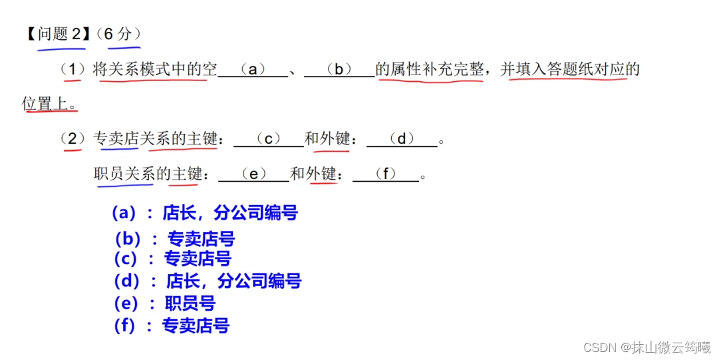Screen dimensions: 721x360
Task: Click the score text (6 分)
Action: coord(119,34)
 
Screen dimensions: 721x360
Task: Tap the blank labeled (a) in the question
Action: coord(252,69)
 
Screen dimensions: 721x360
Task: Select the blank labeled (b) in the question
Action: coord(339,69)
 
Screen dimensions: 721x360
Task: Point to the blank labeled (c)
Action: coord(269,139)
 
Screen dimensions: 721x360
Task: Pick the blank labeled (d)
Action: coord(402,139)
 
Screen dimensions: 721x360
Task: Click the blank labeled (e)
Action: coord(253,174)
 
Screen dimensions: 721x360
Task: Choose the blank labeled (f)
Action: coord(386,174)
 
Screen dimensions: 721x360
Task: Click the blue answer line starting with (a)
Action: coord(204,213)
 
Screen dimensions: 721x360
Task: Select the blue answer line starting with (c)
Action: coord(172,259)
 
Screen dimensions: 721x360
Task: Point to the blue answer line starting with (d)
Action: coord(208,281)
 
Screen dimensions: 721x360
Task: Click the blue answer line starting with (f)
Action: coord(172,326)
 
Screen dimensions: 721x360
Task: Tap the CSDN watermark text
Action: coord(646,347)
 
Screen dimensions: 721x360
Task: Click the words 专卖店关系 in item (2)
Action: coord(123,139)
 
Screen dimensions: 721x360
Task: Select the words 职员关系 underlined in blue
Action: coord(124,174)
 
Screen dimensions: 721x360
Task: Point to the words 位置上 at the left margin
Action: coord(48,104)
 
